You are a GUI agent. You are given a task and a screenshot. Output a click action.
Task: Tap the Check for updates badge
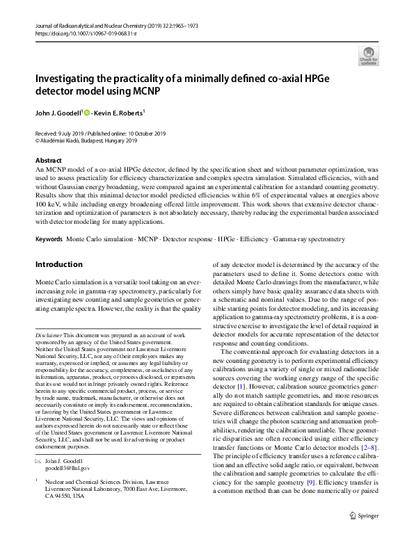pyautogui.click(x=367, y=55)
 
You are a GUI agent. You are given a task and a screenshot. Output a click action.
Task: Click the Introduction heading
pyautogui.click(x=58, y=264)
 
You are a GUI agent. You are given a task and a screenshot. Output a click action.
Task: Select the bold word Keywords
pyautogui.click(x=49, y=238)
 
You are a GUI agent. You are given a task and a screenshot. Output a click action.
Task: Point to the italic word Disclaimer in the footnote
pyautogui.click(x=49, y=335)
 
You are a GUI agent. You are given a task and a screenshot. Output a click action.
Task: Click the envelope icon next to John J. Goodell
pyautogui.click(x=38, y=460)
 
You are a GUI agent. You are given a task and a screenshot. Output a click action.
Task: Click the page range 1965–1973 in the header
pyautogui.click(x=186, y=25)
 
